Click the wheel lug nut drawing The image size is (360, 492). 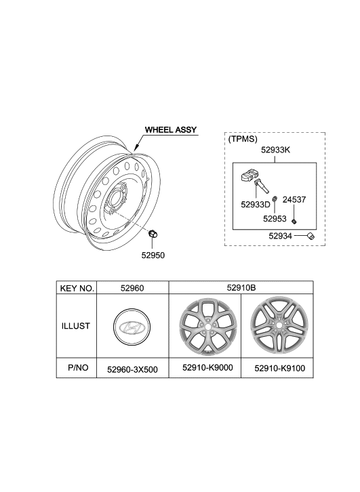pos(153,234)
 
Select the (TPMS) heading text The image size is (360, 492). pos(243,139)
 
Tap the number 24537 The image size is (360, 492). pos(295,200)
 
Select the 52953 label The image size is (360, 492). pos(276,219)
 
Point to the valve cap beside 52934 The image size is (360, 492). pos(311,236)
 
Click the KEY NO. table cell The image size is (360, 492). pos(77,289)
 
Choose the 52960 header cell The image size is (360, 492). pos(132,289)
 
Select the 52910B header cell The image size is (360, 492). pos(241,289)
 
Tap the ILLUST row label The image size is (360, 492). pos(77,326)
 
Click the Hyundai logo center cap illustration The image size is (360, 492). pos(132,327)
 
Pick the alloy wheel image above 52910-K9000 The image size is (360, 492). pos(204,327)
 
